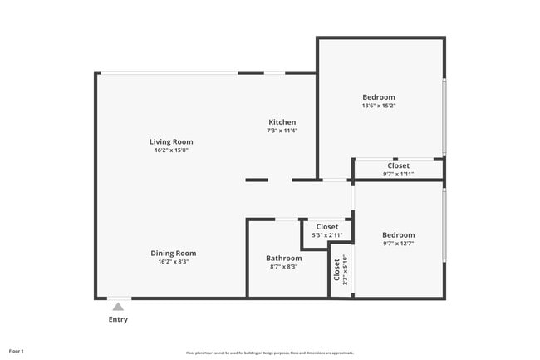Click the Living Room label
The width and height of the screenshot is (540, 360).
171,141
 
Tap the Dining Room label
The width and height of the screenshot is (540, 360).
173,253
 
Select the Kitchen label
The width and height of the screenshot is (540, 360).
282,122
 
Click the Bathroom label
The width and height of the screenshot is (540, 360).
283,258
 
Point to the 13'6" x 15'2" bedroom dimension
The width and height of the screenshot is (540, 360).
378,106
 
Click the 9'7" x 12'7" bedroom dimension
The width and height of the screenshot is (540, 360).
398,244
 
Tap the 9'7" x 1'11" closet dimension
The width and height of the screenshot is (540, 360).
398,174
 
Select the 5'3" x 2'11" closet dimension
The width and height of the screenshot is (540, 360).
326,235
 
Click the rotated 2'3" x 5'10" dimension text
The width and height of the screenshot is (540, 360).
345,269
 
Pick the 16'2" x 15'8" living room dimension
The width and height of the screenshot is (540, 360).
173,150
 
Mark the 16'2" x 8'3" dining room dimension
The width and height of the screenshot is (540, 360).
173,262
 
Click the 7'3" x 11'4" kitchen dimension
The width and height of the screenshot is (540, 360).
282,131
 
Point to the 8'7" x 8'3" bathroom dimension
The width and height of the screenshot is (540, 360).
283,267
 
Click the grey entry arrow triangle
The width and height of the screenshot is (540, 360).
118,307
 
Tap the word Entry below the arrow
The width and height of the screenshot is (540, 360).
118,319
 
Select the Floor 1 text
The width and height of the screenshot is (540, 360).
17,351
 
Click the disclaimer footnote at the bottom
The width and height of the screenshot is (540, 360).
269,353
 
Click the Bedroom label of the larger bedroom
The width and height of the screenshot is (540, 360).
378,97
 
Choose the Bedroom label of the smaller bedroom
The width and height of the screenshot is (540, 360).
398,235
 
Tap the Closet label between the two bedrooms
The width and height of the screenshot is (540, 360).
398,165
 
